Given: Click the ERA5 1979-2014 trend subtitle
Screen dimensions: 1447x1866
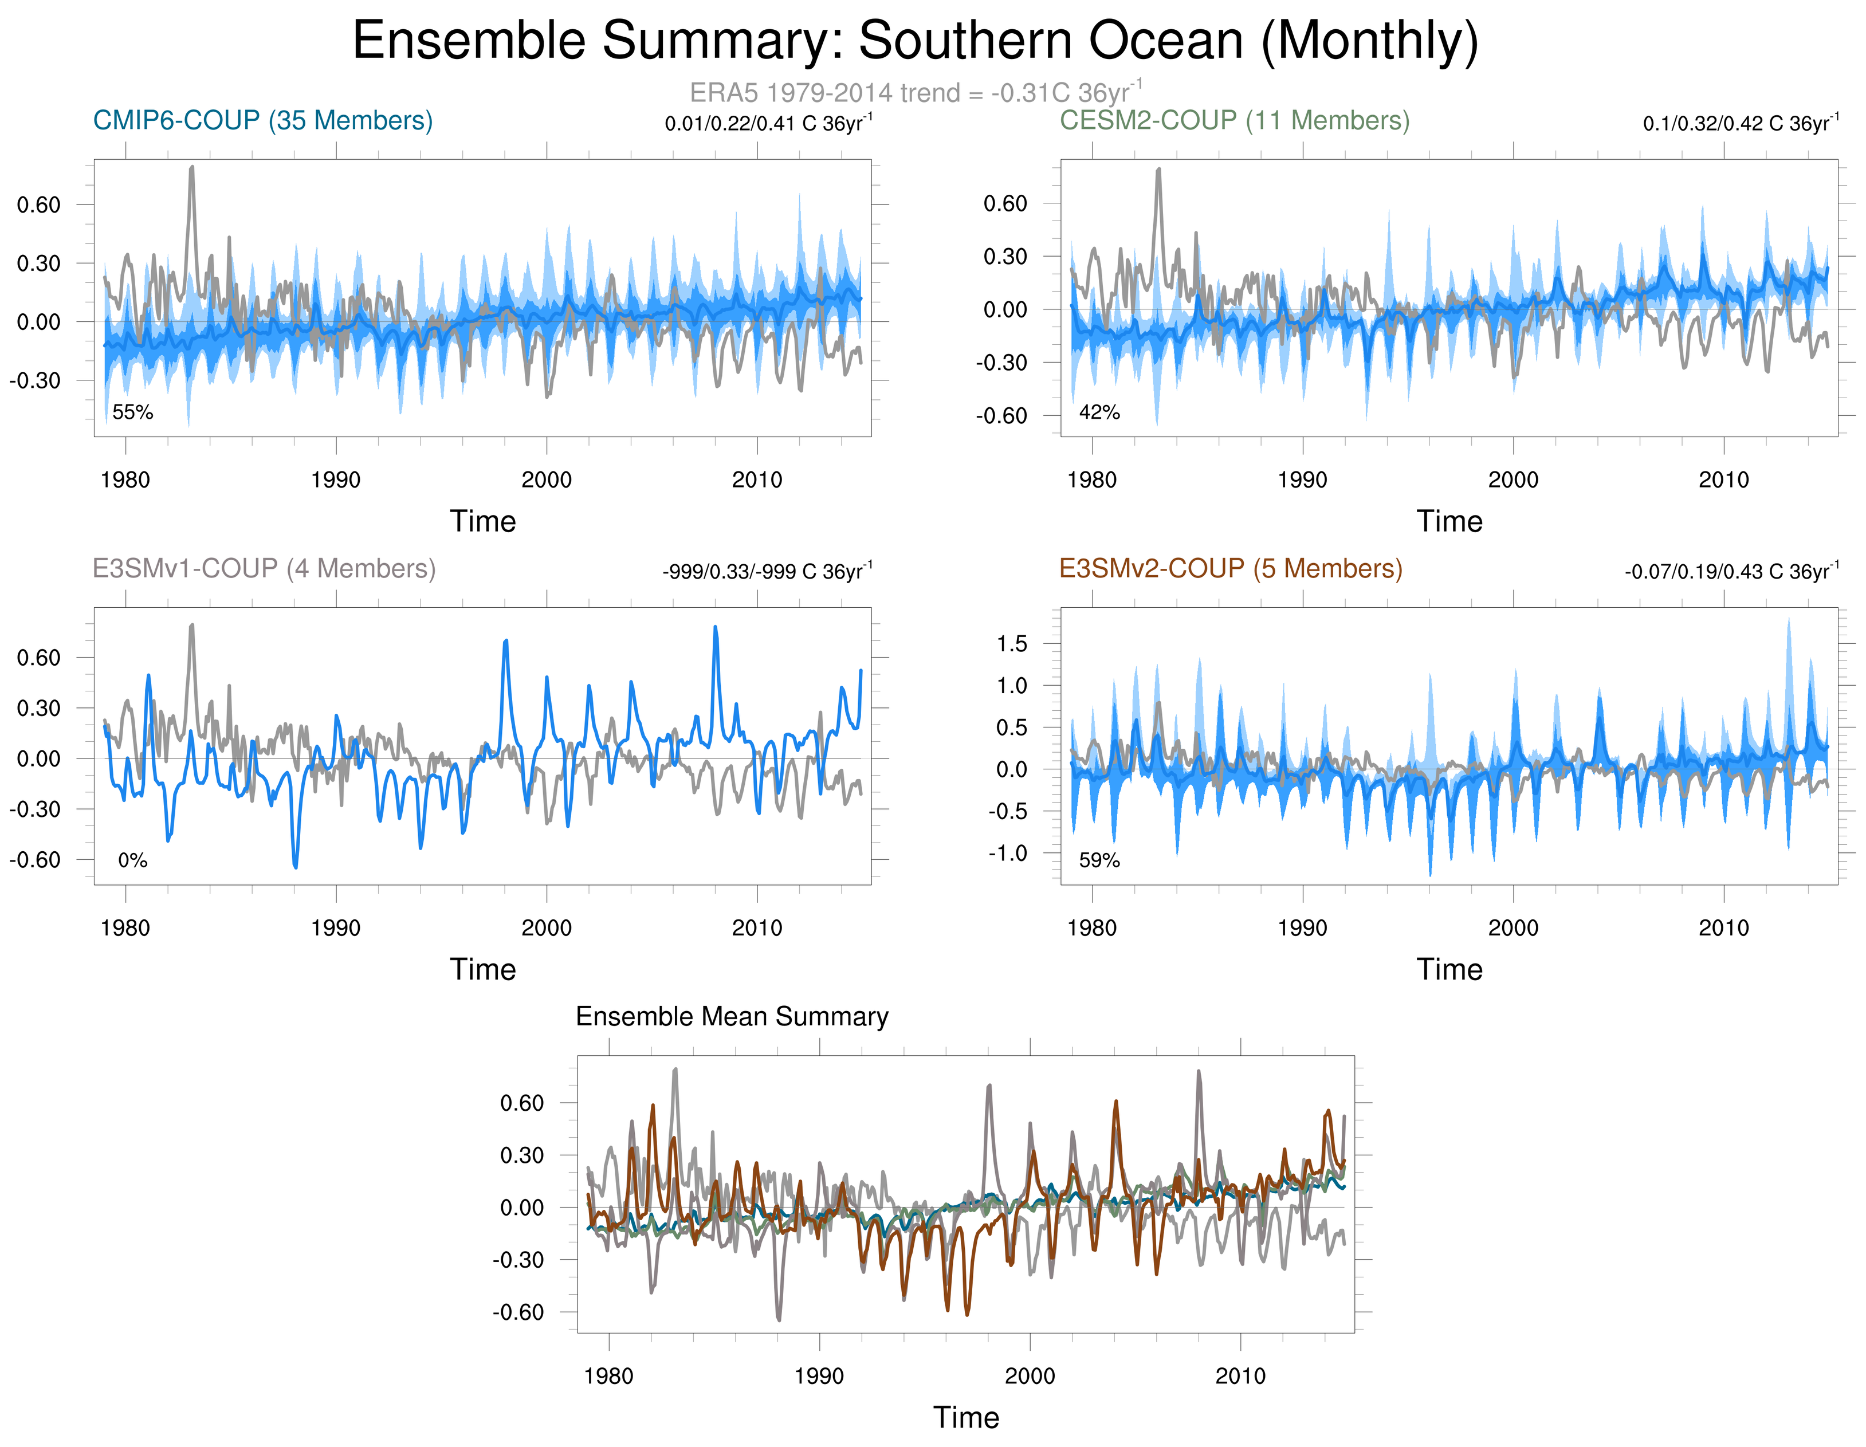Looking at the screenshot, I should (915, 92).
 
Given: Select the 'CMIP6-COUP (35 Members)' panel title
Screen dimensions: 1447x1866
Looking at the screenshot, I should (262, 120).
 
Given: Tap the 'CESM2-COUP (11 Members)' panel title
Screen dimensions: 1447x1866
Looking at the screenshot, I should (1235, 120).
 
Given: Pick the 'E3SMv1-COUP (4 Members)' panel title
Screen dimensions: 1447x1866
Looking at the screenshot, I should (264, 568).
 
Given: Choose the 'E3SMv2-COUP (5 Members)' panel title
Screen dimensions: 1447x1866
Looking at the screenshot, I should (1230, 568).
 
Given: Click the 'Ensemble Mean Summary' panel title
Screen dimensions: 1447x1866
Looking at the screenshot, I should (732, 1016).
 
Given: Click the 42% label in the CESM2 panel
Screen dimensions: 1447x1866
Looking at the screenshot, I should (1099, 412).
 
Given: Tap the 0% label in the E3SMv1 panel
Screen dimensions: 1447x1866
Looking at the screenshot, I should (132, 860).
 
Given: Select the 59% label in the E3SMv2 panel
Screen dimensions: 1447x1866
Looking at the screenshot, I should (1099, 860).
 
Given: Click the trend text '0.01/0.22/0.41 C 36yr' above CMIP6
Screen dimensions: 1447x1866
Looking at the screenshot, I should (767, 124).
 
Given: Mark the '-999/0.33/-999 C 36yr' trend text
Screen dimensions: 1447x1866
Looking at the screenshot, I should (767, 572).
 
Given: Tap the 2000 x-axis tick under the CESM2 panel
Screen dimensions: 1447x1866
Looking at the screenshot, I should (1513, 480).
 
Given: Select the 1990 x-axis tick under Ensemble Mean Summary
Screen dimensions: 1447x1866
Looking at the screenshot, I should (819, 1376).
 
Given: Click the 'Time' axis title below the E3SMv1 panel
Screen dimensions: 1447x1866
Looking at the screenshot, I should (483, 969).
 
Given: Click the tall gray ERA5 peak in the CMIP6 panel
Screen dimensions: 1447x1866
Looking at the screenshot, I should (191, 168).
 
